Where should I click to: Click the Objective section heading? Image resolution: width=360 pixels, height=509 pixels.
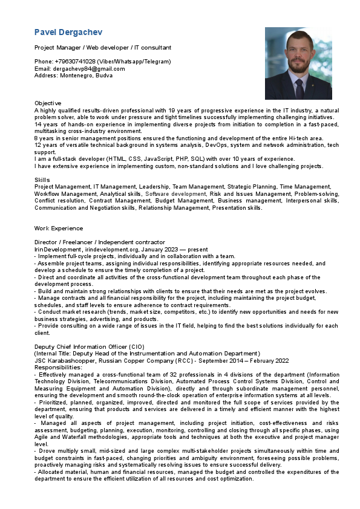[48, 103]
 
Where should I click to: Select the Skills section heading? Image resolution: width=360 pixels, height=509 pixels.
[42, 180]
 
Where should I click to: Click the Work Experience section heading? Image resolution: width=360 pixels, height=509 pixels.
[59, 229]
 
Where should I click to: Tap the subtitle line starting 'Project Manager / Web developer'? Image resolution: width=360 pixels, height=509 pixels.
[103, 47]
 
